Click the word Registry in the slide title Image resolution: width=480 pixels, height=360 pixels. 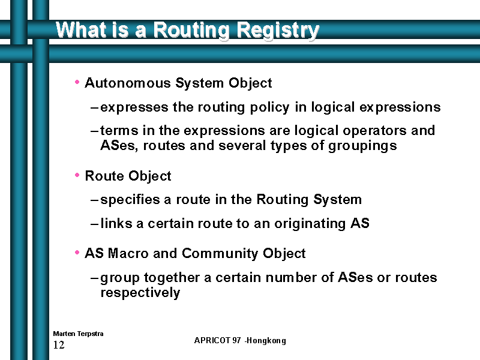point(278,31)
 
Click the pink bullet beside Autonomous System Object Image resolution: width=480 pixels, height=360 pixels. point(77,82)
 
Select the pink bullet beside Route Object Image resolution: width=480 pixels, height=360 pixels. point(77,175)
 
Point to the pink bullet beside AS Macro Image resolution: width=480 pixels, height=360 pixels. point(77,253)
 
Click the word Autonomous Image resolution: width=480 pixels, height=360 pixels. point(128,83)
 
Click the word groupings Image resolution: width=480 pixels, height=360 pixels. point(362,146)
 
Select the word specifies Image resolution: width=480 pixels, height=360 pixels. point(130,200)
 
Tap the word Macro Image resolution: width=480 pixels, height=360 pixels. point(128,253)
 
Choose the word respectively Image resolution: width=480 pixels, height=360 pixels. point(140,293)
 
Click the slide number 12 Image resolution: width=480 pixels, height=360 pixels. point(59,345)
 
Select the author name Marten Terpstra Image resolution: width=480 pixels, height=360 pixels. point(78,334)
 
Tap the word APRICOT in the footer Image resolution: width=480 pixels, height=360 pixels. point(212,340)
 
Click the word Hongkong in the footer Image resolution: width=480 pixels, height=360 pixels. point(266,341)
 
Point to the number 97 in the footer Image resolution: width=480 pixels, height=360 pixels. point(236,340)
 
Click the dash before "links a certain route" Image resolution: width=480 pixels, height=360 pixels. point(94,224)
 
